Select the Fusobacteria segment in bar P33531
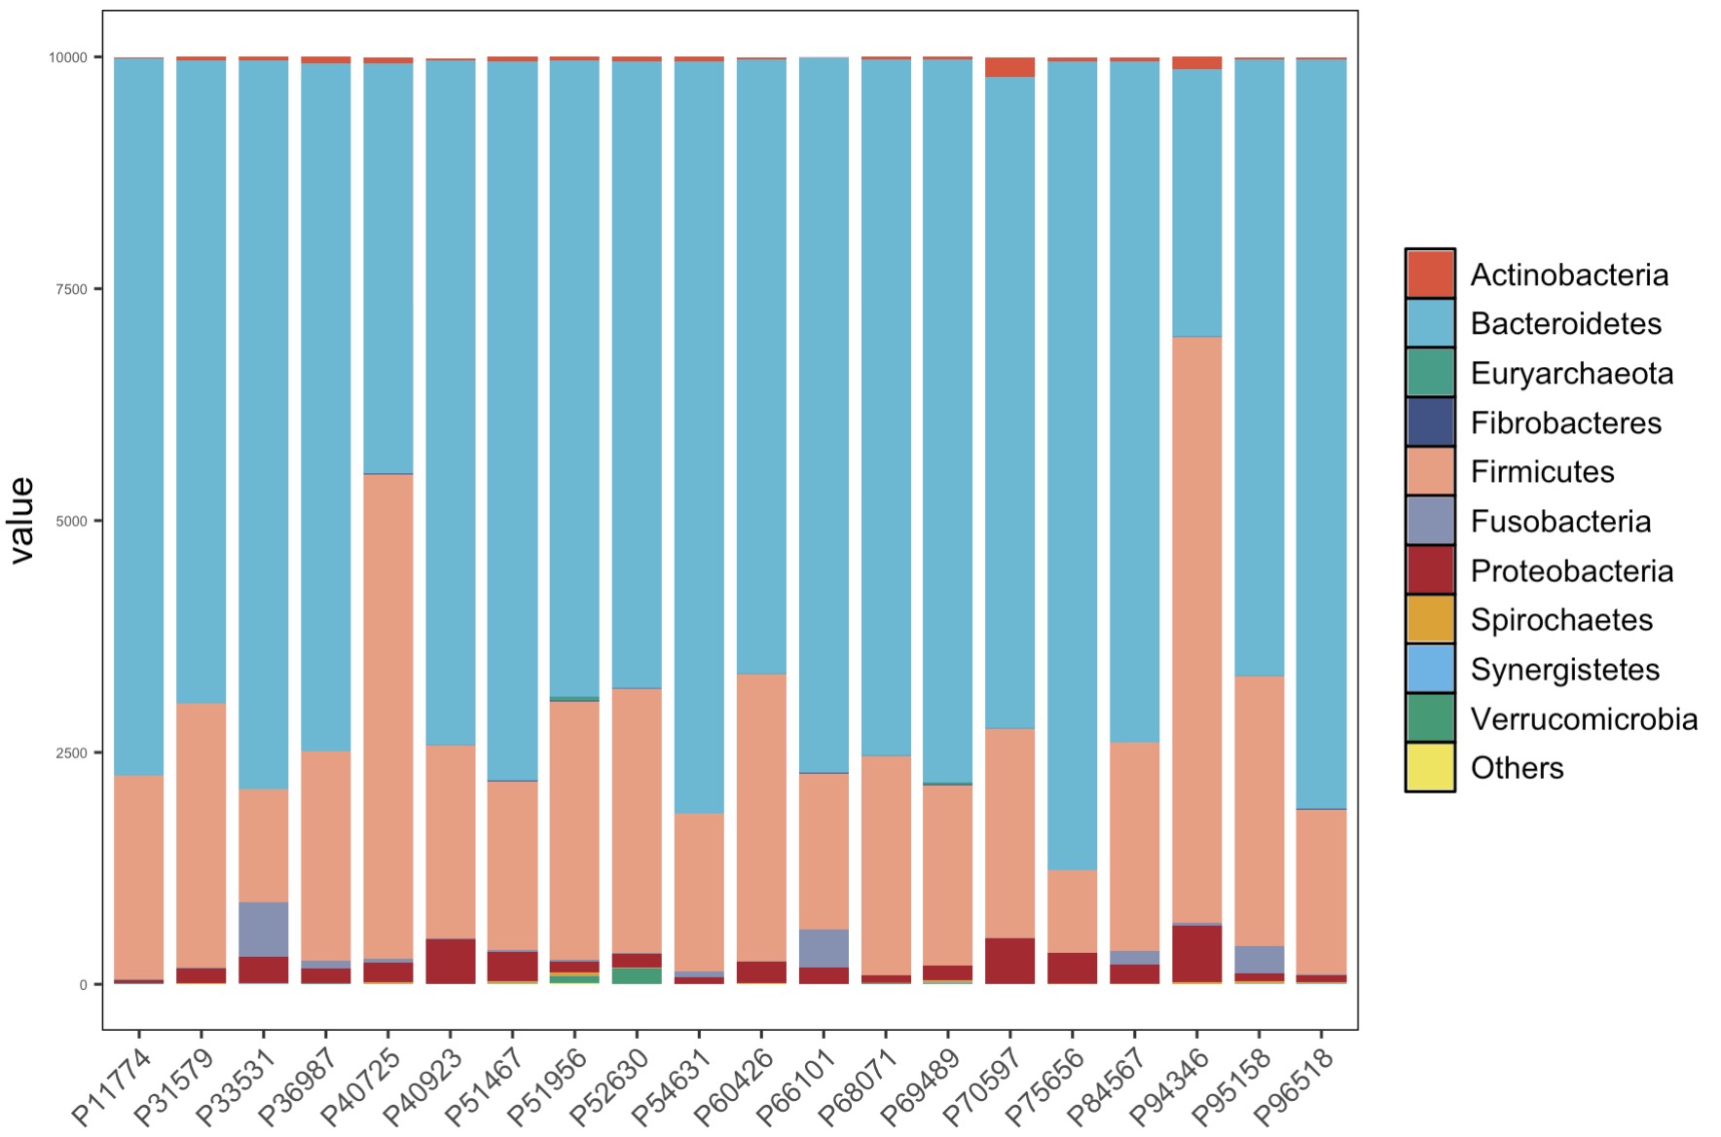[x=264, y=929]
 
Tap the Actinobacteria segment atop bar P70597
[x=1009, y=67]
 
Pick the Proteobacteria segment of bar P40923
[x=451, y=961]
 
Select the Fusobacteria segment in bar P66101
[x=824, y=948]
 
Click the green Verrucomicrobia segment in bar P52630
[x=637, y=975]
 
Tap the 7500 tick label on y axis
[x=68, y=289]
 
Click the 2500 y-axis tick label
[x=68, y=752]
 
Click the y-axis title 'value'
[x=22, y=520]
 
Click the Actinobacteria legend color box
[x=1430, y=274]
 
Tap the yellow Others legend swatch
[x=1430, y=767]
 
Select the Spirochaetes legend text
[x=1561, y=620]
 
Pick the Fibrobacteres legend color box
[x=1430, y=422]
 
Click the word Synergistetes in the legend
[x=1564, y=670]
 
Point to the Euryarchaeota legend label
[x=1571, y=373]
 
